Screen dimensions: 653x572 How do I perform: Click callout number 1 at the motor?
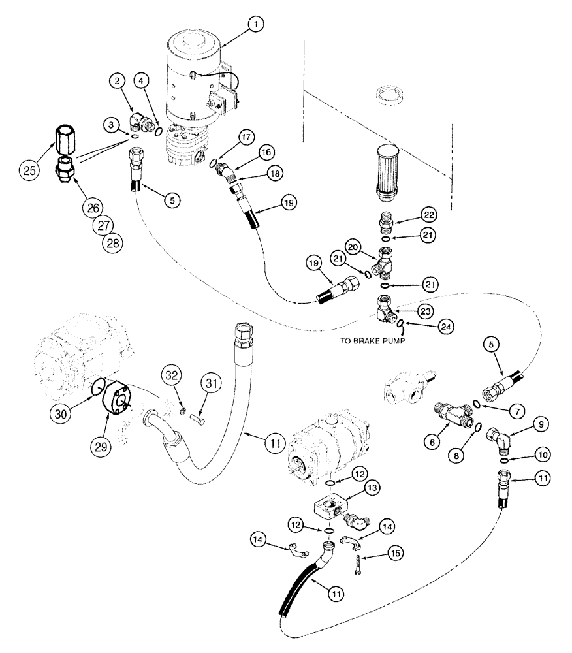pyautogui.click(x=257, y=25)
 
